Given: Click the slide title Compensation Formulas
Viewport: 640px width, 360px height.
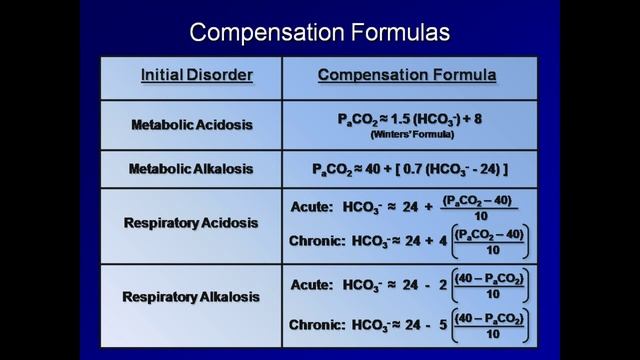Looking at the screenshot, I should coord(320,32).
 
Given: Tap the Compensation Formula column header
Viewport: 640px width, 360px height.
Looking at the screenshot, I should coord(407,75).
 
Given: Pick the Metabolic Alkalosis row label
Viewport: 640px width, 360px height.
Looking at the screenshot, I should coord(192,169).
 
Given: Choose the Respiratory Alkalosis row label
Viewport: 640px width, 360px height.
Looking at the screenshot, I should coord(192,297).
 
